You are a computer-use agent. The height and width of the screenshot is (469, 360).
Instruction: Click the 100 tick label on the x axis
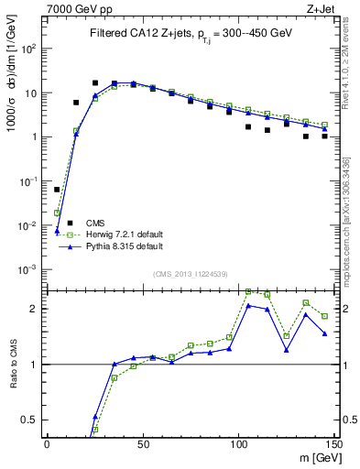coord(238,443)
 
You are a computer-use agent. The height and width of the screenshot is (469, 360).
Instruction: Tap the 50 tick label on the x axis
coord(142,443)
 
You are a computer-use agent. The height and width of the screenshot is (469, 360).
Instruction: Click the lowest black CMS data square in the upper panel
coord(57,190)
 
